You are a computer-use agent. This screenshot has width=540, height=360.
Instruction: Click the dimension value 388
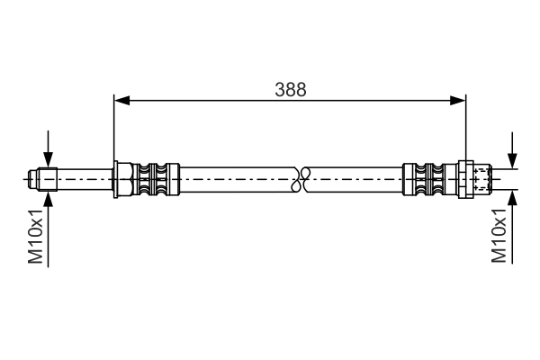coord(290,89)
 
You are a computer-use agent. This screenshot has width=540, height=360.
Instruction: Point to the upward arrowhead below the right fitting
coord(512,196)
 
